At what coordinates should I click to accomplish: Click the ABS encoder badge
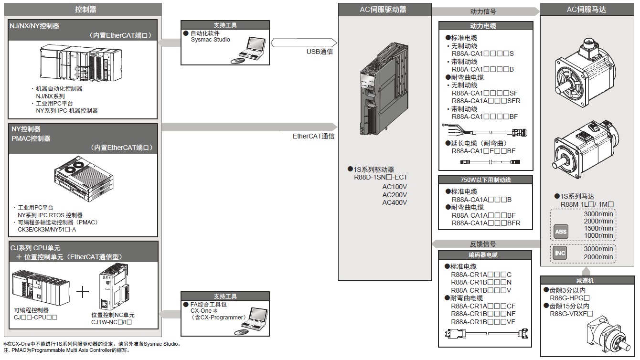[561, 232]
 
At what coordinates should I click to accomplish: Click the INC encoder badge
[560, 253]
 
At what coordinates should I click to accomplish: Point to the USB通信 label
[320, 52]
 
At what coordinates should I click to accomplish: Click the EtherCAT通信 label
[313, 136]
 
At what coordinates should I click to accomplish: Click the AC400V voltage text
[395, 202]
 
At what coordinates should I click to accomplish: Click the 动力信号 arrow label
[483, 11]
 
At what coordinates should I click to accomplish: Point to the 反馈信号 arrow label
[483, 244]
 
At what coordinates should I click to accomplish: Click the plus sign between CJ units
[83, 292]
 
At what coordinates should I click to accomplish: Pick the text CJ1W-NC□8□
[111, 322]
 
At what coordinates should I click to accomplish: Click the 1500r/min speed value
[598, 228]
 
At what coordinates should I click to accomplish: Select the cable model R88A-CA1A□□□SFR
[486, 101]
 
